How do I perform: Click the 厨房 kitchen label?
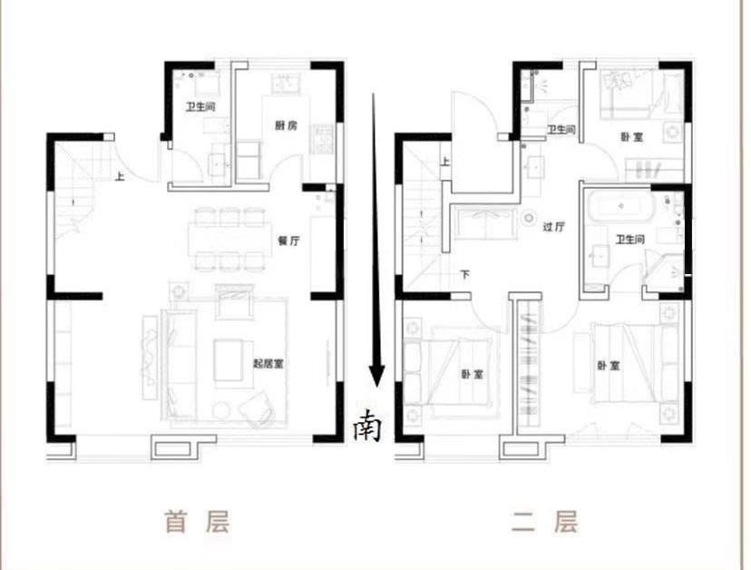[286, 126]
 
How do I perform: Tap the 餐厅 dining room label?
[288, 241]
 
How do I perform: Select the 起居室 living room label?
[270, 364]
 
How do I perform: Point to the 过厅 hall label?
[554, 228]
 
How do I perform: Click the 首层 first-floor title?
[197, 522]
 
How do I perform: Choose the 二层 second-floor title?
[544, 522]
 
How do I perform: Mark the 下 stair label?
[464, 274]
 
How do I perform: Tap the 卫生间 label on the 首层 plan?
[200, 107]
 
